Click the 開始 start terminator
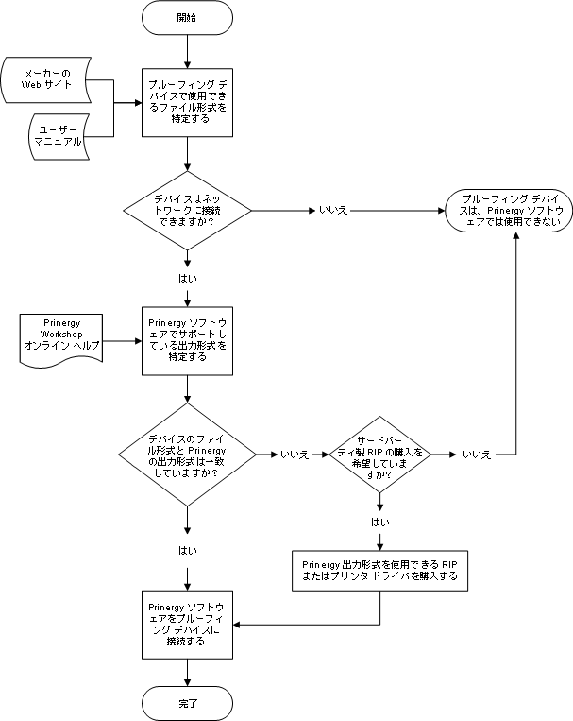tap(187, 17)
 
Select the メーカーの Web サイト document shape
tap(47, 79)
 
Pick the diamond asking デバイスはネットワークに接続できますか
tap(187, 209)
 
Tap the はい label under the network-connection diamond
tap(187, 279)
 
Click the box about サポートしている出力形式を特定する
tap(187, 339)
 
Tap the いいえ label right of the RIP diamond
tap(477, 455)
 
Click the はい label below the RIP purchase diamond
tap(380, 522)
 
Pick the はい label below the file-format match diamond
tap(187, 550)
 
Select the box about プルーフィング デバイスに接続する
tap(187, 625)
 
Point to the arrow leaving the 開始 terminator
tap(187, 50)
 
